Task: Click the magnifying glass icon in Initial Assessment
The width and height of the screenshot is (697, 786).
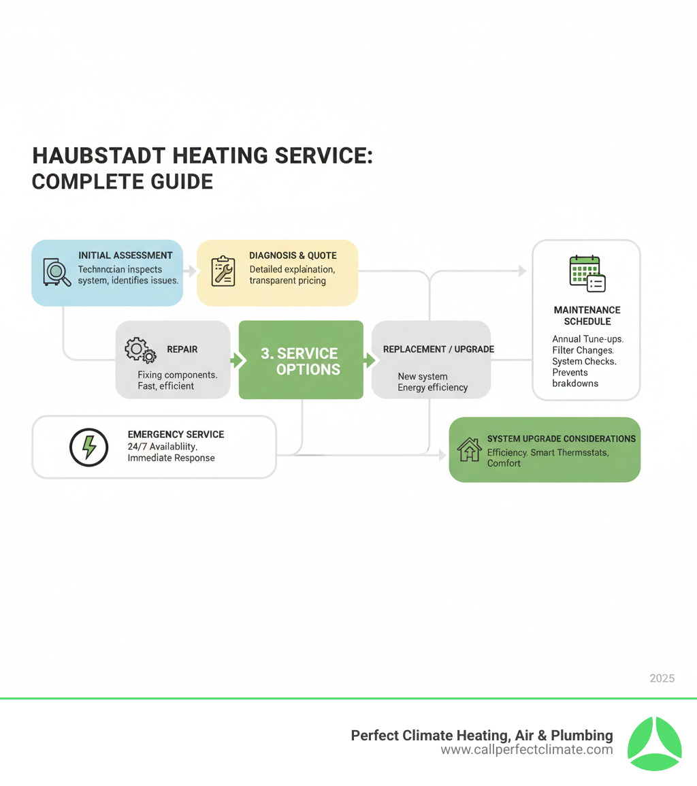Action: point(56,273)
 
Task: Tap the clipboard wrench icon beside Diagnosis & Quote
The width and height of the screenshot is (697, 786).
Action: point(223,270)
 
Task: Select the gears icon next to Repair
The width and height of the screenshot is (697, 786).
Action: point(140,351)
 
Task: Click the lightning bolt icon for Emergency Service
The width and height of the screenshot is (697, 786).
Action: point(89,447)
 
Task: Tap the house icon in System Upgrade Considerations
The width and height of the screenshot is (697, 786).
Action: point(469,450)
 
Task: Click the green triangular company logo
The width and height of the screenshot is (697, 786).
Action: point(653,743)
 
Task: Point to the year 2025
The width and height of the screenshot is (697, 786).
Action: point(662,678)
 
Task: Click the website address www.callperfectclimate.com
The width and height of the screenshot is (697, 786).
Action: point(526,750)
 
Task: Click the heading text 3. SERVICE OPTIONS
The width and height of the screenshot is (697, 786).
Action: point(300,361)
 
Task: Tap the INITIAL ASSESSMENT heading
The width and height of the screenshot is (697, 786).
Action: point(125,255)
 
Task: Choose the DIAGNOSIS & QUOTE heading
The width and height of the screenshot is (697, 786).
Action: point(293,255)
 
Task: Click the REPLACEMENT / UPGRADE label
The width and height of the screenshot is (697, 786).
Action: point(438,349)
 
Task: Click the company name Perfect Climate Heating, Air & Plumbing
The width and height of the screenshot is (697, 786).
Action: point(481,736)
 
